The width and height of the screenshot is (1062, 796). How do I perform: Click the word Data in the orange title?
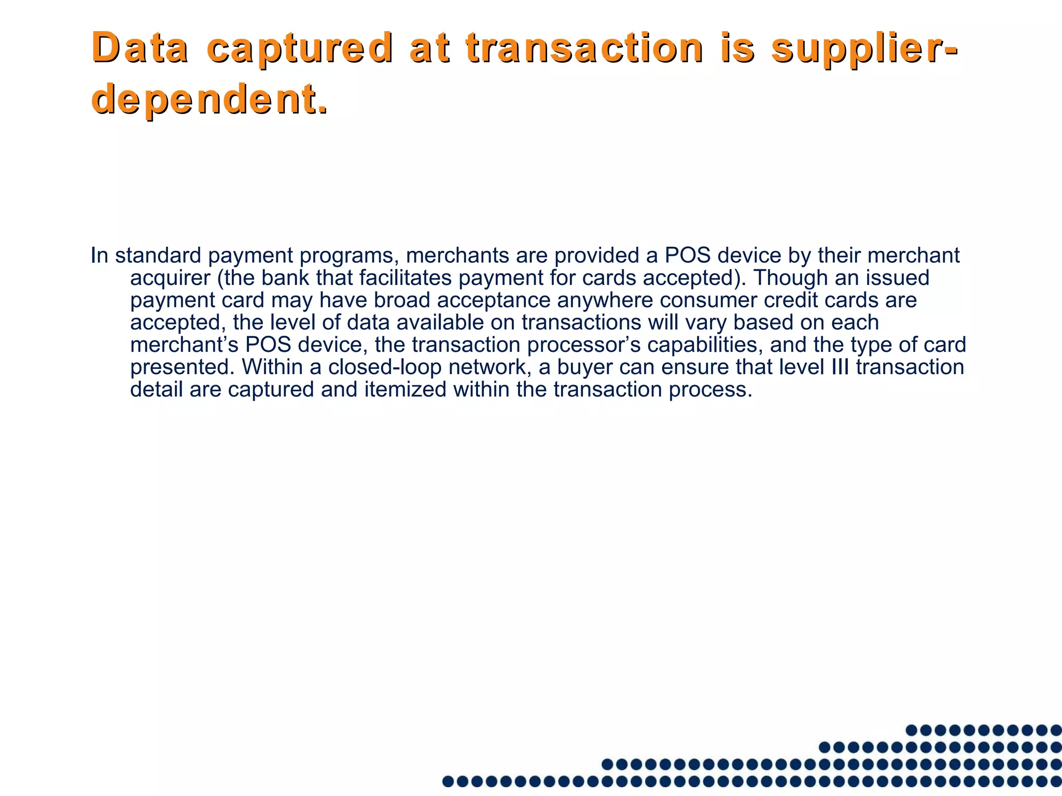point(140,48)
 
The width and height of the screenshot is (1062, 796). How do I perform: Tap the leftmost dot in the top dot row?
point(912,731)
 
